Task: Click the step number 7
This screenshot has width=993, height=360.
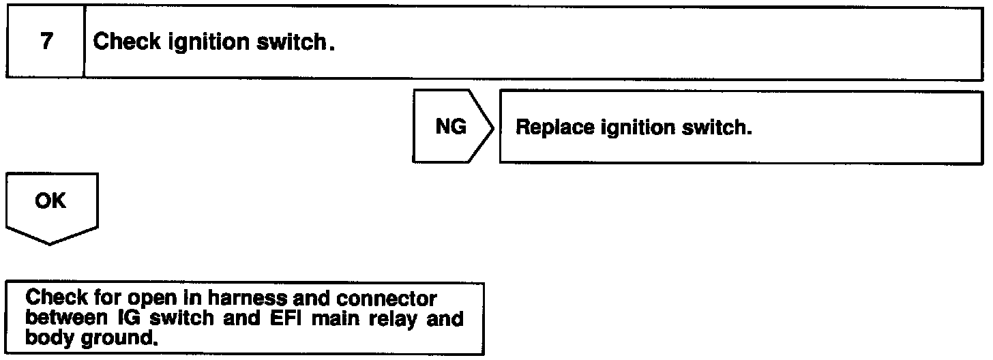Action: pyautogui.click(x=45, y=42)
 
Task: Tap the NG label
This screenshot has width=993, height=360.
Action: pyautogui.click(x=450, y=127)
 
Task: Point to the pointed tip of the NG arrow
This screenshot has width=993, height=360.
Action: pyautogui.click(x=493, y=127)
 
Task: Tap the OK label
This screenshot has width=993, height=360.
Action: pyautogui.click(x=50, y=202)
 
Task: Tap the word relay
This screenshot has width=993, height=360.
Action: pyautogui.click(x=390, y=318)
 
